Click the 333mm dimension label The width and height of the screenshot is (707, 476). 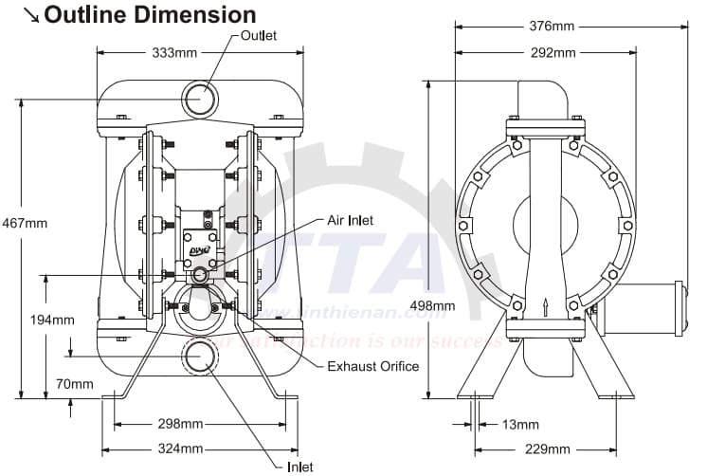[173, 52]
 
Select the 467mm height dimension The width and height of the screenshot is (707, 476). [24, 223]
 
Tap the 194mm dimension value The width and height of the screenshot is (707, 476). [52, 320]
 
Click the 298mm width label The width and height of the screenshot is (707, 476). [179, 423]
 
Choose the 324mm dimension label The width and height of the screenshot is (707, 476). [179, 448]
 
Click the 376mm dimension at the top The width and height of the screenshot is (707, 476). [553, 27]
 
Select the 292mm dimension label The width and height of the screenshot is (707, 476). [553, 52]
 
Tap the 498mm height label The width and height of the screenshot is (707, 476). [431, 306]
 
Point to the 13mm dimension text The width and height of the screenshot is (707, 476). [519, 424]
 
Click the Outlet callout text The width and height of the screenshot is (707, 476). [258, 35]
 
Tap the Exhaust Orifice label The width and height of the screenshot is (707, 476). [372, 366]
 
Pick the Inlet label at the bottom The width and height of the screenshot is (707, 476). [299, 466]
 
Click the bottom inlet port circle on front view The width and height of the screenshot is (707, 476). [200, 356]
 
